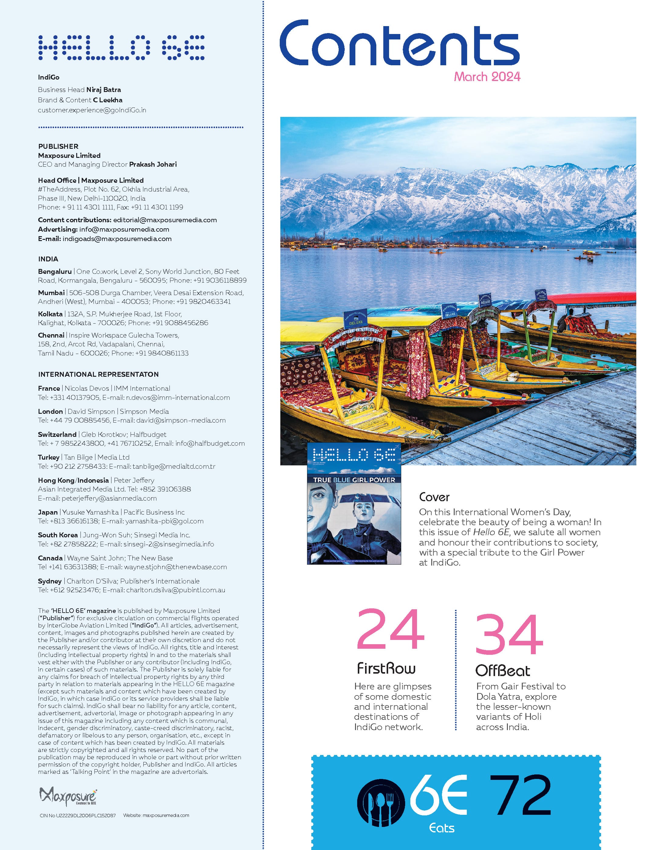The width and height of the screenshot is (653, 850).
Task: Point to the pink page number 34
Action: point(509,634)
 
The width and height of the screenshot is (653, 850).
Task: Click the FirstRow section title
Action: point(386,668)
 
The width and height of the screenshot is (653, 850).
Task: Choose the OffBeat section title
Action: point(502,671)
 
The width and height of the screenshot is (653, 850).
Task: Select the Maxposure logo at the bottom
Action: point(68,796)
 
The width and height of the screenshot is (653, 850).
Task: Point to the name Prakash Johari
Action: point(153,164)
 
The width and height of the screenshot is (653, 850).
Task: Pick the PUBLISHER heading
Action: point(58,146)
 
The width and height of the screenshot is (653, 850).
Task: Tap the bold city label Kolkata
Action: point(50,314)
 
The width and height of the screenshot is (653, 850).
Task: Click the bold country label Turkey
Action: point(49,457)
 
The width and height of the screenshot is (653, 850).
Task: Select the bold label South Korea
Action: point(58,535)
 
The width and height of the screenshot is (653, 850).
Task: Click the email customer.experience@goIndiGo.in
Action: point(92,110)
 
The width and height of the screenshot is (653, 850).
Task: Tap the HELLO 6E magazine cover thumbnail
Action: point(354,503)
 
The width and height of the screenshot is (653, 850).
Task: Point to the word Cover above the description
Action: point(434,497)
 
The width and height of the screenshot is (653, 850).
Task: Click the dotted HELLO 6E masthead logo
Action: point(121,48)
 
